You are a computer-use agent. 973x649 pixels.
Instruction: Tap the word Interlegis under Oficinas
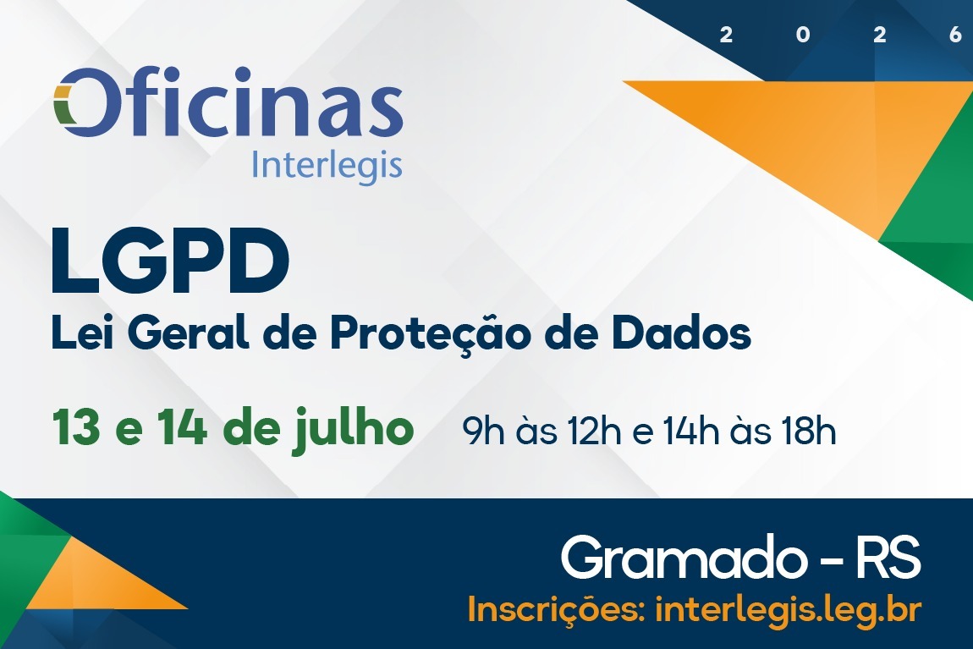(327, 164)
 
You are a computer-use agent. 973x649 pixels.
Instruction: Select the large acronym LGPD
(169, 259)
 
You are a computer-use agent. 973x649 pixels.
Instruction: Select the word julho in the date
(360, 429)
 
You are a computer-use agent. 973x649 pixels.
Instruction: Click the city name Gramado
(680, 558)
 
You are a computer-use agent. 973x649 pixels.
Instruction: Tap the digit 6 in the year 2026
(956, 35)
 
